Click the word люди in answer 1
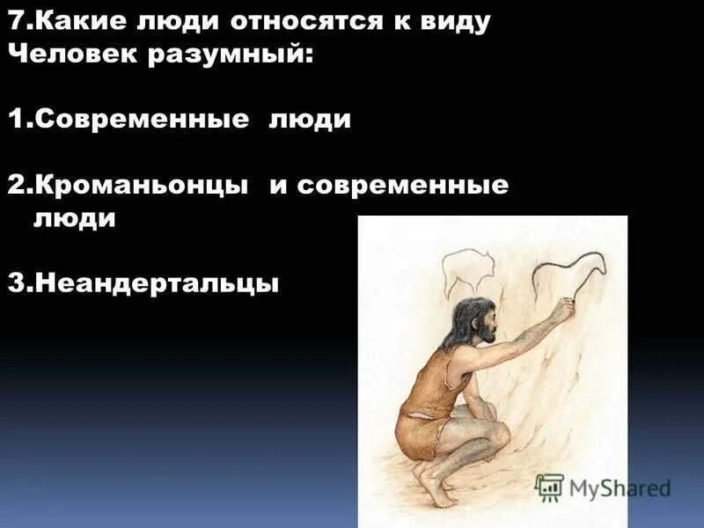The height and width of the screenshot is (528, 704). [x=310, y=120]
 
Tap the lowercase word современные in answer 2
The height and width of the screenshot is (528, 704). [x=403, y=186]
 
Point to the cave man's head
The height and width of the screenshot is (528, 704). [x=474, y=320]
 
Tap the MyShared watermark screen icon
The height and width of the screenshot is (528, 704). [x=549, y=488]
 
